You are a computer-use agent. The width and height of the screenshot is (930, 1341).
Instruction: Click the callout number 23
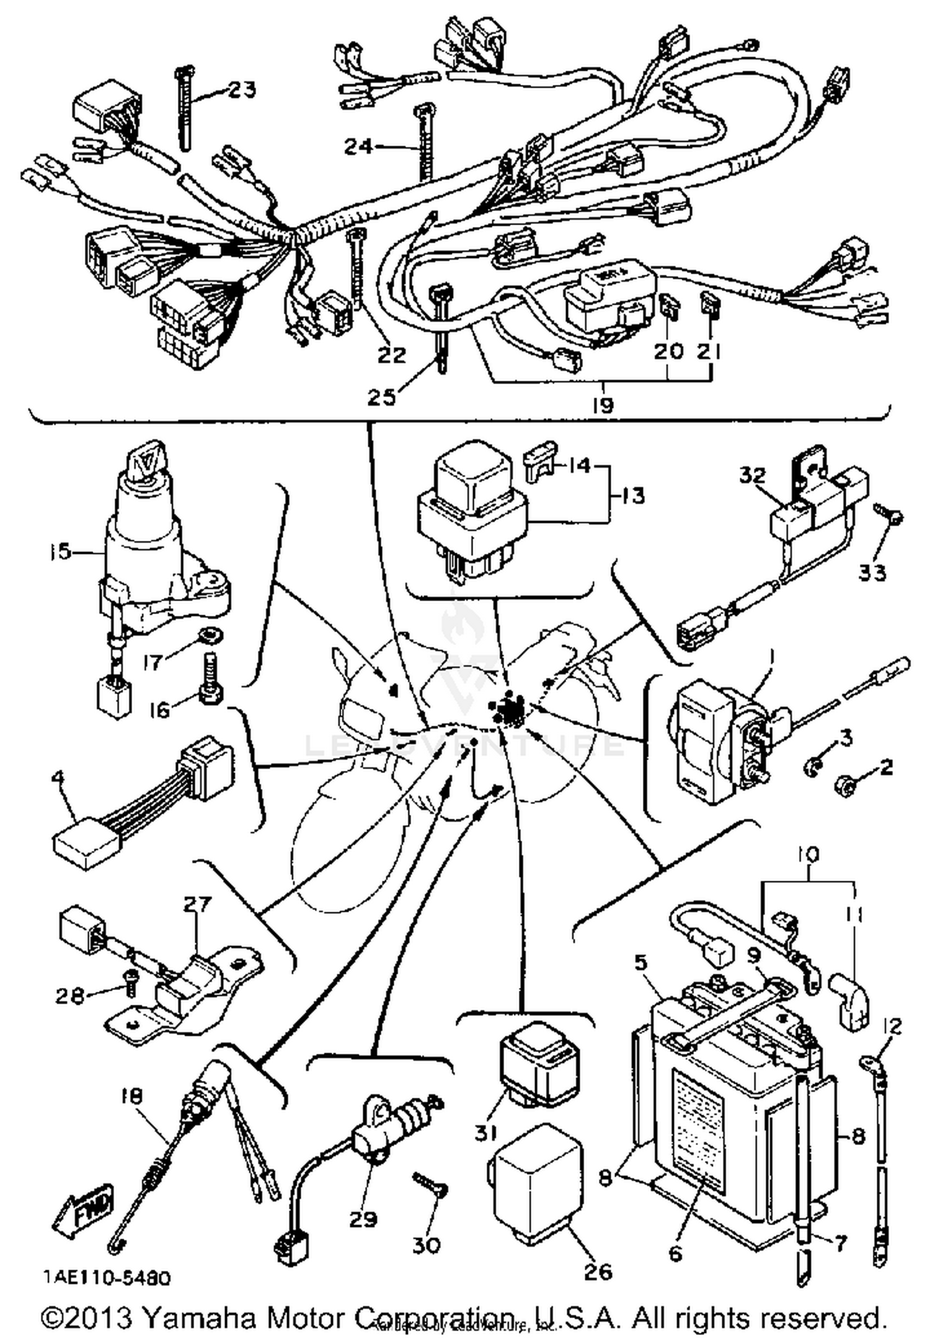point(242,91)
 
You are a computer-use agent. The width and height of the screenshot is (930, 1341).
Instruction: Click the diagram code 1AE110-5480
point(107,1278)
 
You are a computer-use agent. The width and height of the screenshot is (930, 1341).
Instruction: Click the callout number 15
point(61,551)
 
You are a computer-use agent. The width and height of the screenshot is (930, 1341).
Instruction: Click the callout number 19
point(603,406)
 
